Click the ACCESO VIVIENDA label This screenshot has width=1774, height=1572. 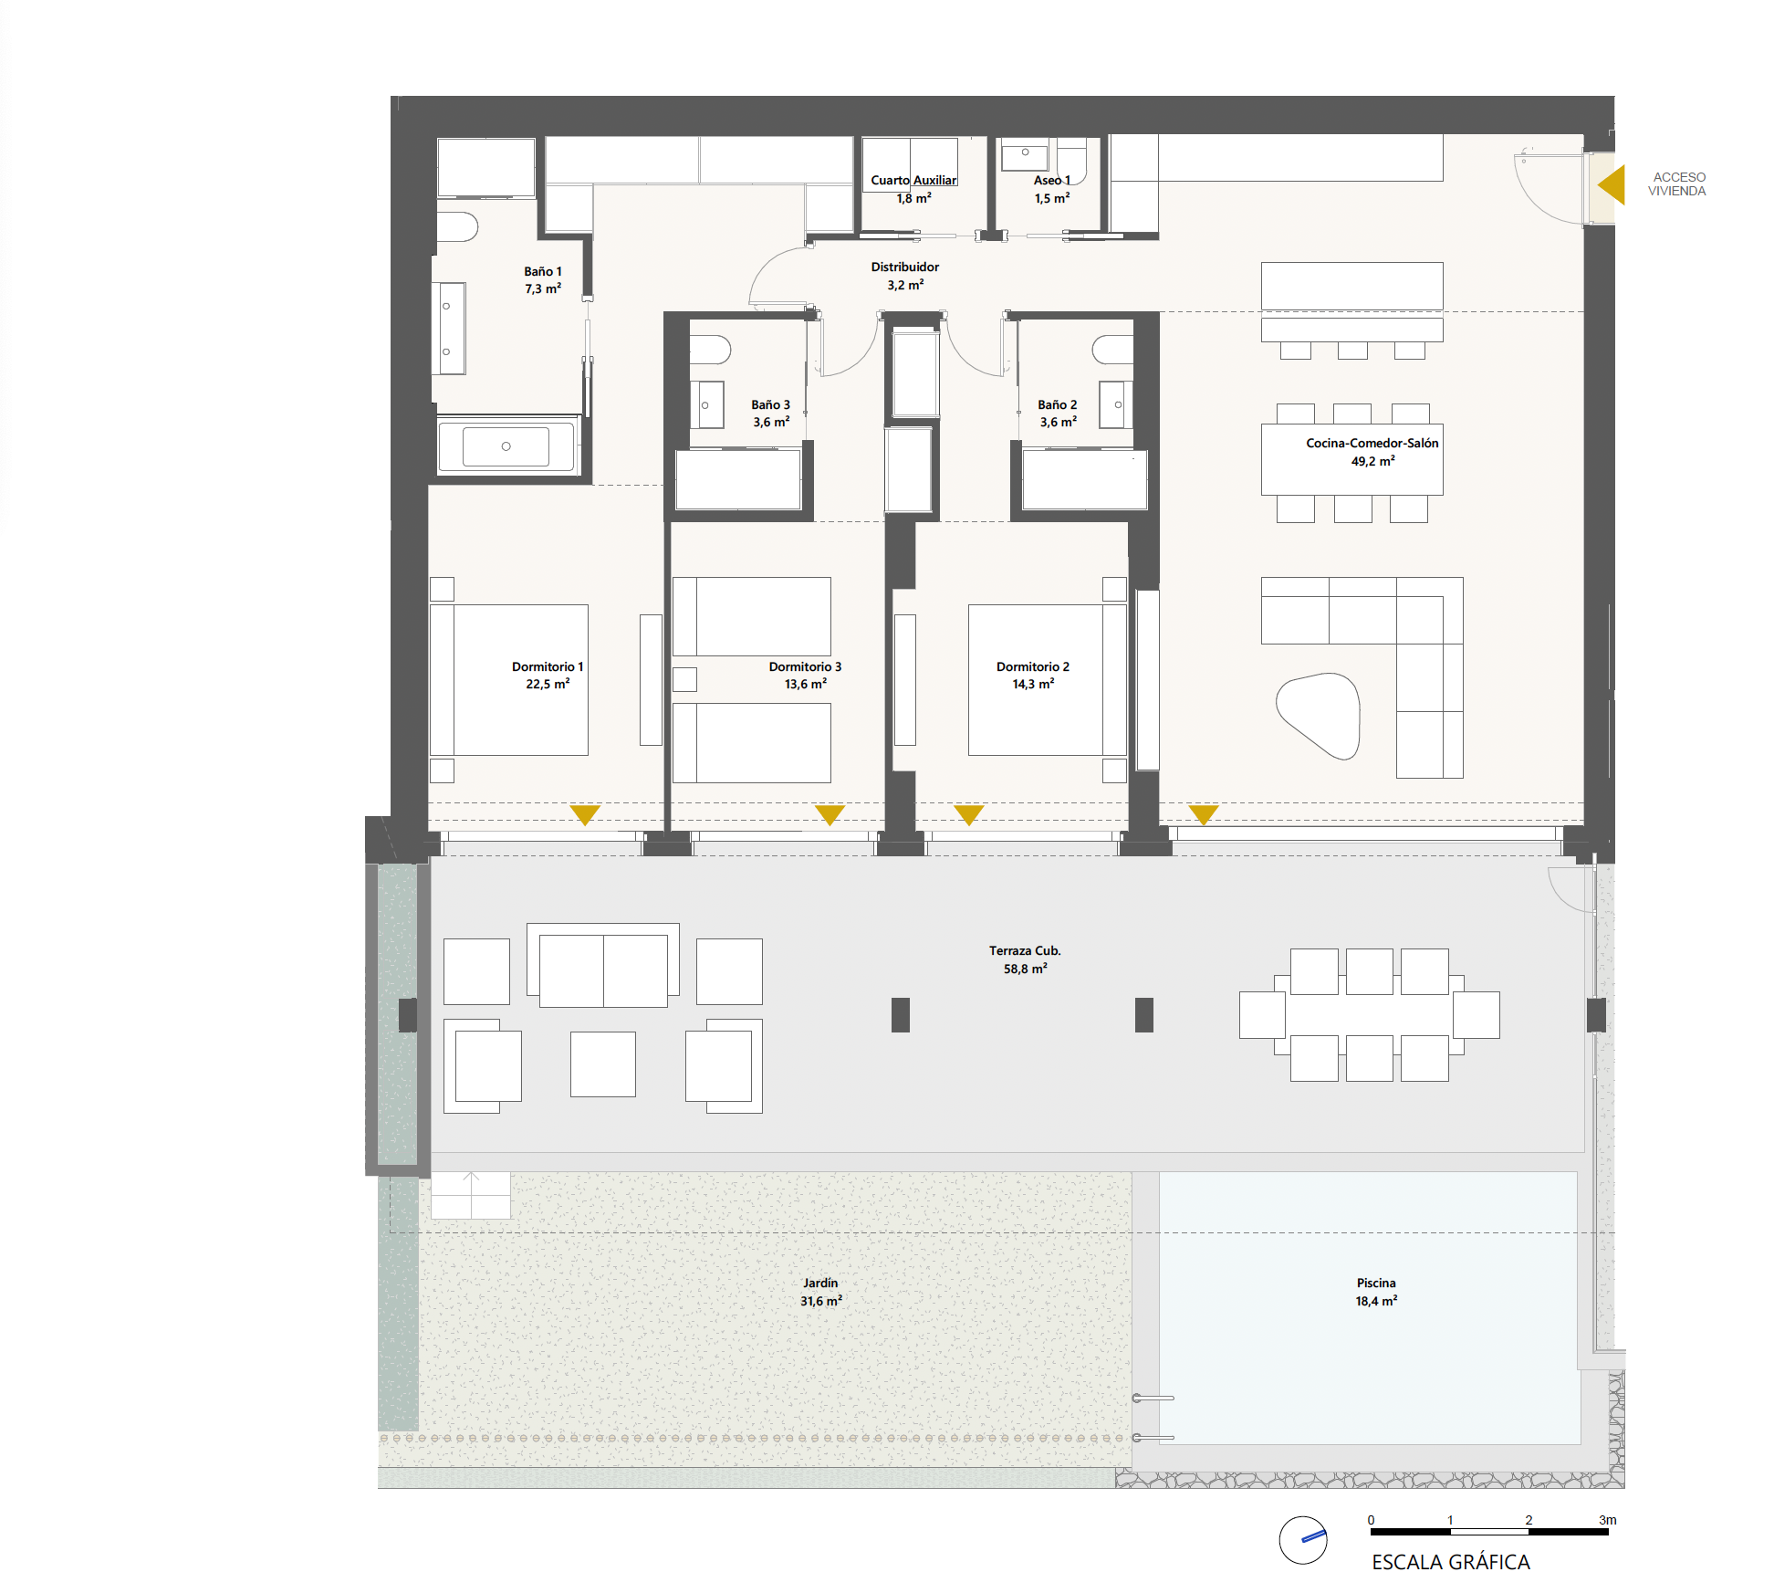click(1676, 184)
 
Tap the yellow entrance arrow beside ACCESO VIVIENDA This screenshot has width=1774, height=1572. click(1612, 185)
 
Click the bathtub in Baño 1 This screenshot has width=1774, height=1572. click(506, 446)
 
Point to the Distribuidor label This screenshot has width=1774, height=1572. click(904, 267)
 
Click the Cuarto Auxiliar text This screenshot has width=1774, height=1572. click(913, 180)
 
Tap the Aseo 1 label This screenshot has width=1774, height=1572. click(1052, 180)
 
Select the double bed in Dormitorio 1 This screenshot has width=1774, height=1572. click(509, 679)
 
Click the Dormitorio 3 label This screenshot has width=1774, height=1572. click(805, 666)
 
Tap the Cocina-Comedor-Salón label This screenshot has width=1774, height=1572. click(1372, 443)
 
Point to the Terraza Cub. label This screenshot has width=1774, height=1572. click(1025, 950)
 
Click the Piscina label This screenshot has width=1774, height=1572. click(1376, 1283)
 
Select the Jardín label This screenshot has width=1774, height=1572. click(820, 1283)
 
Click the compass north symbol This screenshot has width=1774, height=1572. click(1303, 1540)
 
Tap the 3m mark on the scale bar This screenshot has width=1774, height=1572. click(1607, 1520)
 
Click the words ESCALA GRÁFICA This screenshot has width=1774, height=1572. click(1451, 1562)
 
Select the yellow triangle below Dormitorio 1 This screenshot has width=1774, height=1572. click(585, 814)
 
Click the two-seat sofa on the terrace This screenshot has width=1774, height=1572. click(603, 965)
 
